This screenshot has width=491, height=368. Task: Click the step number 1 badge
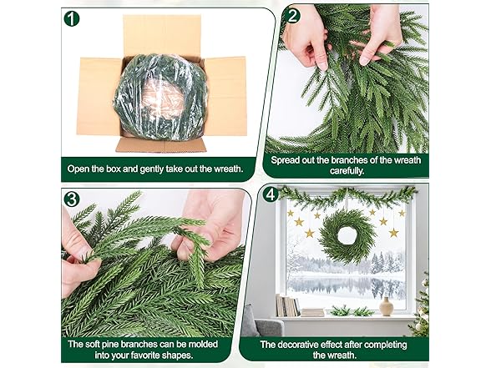72,18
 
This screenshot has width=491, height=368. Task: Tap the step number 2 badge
291,15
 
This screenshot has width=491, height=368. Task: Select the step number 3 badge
72,199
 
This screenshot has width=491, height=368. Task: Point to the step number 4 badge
271,194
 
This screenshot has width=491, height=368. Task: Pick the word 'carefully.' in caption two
347,171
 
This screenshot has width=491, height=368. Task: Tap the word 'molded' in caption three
203,344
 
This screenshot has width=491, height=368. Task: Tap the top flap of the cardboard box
162,36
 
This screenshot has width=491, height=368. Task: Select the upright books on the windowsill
287,305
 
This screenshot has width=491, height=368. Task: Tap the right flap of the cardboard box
225,97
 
